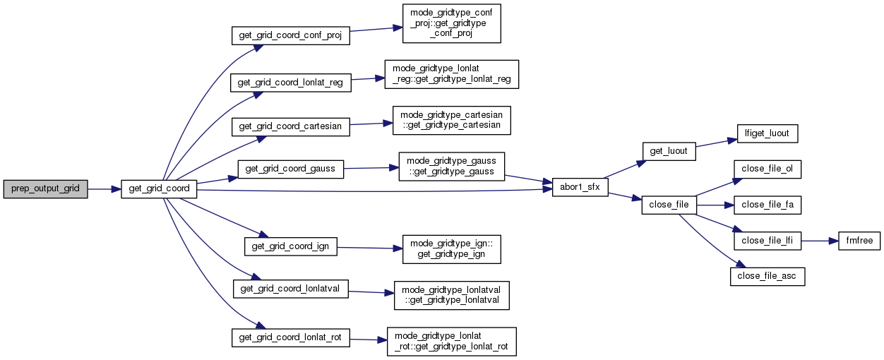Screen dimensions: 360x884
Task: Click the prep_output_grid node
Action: (45, 189)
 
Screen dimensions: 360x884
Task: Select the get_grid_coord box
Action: (158, 189)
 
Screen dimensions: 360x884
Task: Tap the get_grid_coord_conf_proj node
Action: (291, 35)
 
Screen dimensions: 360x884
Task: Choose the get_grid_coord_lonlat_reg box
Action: (290, 83)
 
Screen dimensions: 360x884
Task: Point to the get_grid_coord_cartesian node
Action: (290, 126)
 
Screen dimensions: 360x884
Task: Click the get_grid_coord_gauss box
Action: (290, 169)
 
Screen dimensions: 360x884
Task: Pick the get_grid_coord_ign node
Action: (290, 246)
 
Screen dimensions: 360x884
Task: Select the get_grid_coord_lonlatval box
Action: (290, 289)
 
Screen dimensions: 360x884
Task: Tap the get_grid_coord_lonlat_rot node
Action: (290, 337)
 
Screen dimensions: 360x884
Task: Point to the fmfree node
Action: (859, 241)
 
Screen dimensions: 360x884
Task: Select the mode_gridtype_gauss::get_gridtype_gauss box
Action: (452, 167)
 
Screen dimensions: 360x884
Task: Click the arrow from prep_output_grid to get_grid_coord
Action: (104, 189)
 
